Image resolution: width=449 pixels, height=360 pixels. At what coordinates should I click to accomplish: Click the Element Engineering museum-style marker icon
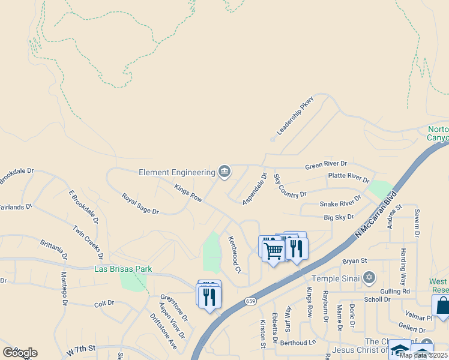[x=224, y=172]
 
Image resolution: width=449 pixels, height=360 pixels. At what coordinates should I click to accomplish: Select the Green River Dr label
[x=326, y=164]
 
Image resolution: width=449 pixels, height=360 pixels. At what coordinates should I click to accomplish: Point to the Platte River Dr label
[x=348, y=178]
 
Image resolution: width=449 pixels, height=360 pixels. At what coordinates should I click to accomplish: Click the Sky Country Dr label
[x=289, y=187]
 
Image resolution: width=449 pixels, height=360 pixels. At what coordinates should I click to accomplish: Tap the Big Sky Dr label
[x=339, y=217]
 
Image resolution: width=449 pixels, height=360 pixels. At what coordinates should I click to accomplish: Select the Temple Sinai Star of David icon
[x=370, y=278]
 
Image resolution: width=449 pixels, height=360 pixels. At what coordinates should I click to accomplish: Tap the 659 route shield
[x=251, y=301]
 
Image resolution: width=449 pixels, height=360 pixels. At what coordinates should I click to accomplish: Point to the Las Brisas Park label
[x=123, y=269]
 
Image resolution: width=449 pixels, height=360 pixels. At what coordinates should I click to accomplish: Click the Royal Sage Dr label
[x=140, y=203]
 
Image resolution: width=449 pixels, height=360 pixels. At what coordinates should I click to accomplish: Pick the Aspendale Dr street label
[x=255, y=189]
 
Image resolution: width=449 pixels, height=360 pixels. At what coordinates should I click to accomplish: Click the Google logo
[x=20, y=352]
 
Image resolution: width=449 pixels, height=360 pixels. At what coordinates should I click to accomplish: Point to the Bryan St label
[x=354, y=261]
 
